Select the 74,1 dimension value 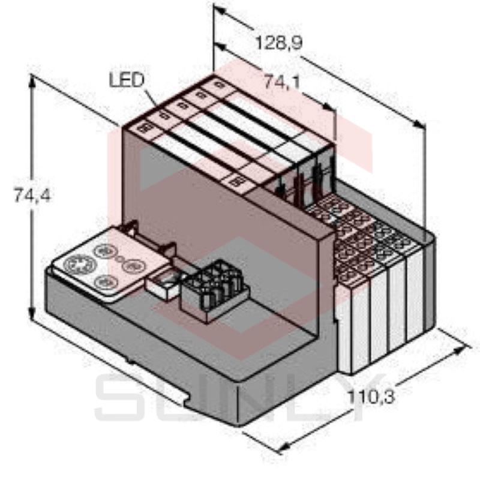281,83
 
